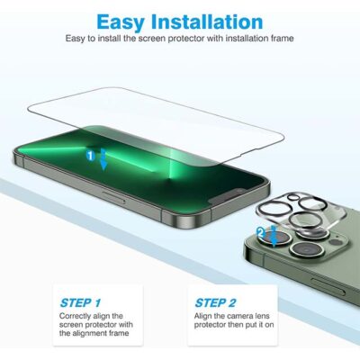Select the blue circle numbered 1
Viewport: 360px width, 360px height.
(x=90, y=156)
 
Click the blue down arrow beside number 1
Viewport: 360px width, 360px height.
(x=103, y=160)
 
